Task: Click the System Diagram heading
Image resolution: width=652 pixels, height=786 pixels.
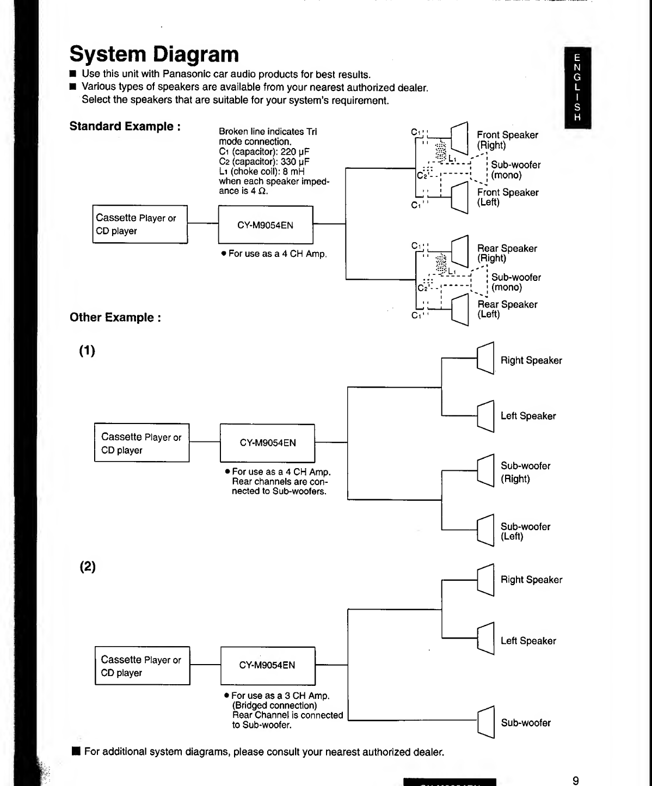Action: click(154, 54)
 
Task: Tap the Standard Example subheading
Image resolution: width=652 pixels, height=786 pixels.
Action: click(125, 126)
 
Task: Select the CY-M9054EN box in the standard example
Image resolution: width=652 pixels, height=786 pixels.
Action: click(265, 225)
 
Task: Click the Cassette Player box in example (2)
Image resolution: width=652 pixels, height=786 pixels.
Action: click(142, 666)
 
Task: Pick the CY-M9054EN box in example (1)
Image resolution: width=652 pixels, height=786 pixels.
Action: click(267, 443)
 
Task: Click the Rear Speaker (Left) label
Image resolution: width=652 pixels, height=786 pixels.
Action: click(507, 309)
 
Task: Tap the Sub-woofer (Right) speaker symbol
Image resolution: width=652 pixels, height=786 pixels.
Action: click(485, 470)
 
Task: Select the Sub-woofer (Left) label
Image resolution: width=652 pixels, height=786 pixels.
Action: click(525, 531)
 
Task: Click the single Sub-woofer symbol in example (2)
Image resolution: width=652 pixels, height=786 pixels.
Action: click(485, 722)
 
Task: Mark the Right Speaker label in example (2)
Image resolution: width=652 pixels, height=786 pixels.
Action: click(531, 580)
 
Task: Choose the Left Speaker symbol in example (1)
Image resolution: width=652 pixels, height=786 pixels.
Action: click(485, 416)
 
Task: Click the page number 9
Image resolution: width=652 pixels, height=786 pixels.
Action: click(576, 781)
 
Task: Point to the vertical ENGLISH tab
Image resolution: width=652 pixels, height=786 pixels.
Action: click(577, 88)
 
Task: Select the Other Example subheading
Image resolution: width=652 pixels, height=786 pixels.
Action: click(115, 317)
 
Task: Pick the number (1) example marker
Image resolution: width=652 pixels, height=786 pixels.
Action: click(87, 351)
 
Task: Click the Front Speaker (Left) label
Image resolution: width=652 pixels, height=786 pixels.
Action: click(507, 197)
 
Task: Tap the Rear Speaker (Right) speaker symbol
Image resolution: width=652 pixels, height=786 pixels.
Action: click(460, 251)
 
